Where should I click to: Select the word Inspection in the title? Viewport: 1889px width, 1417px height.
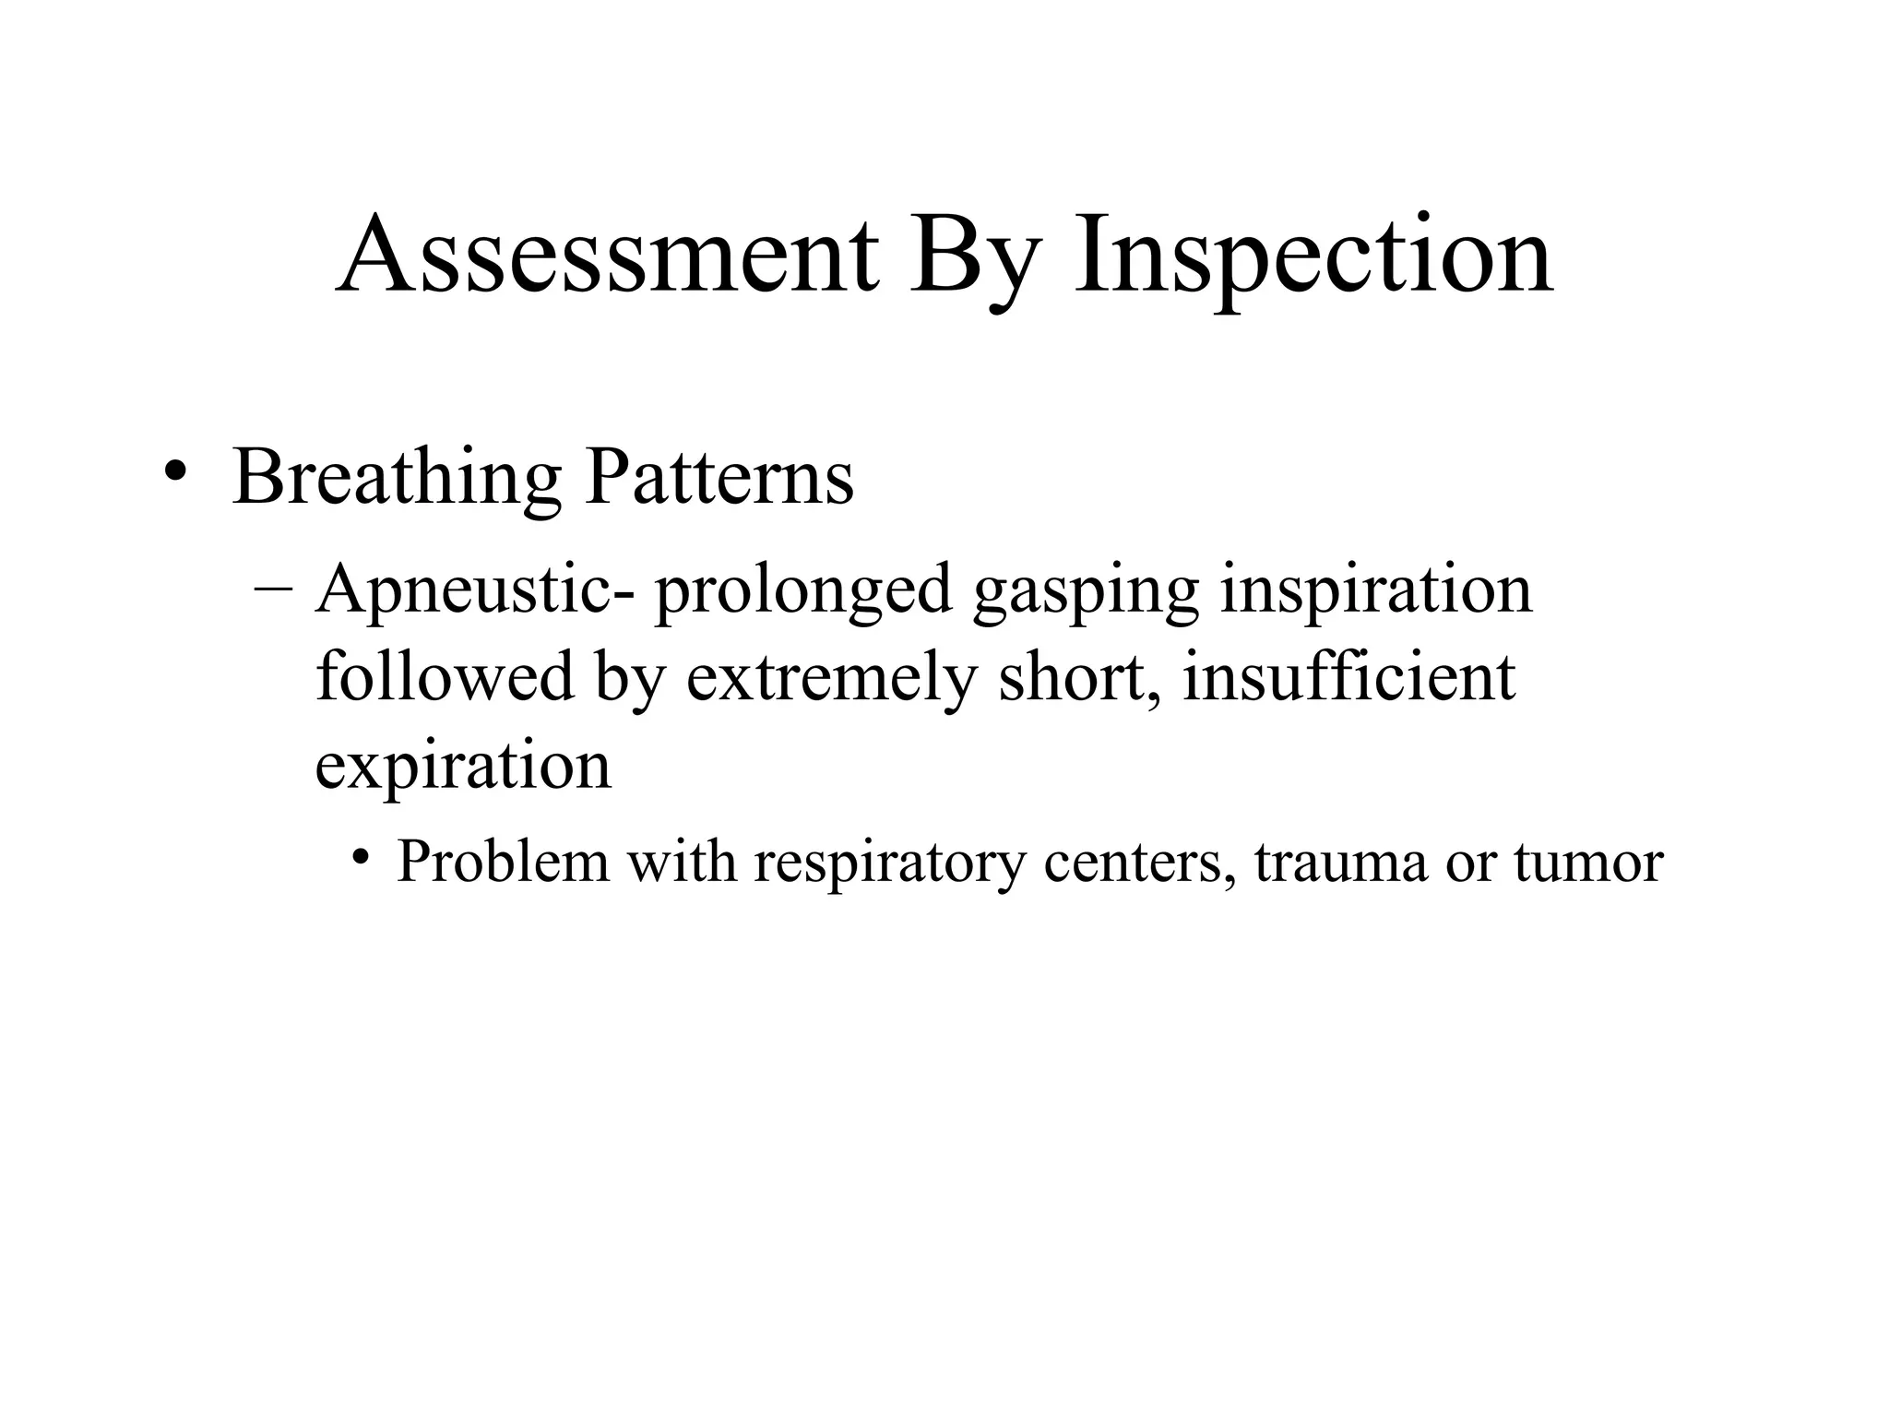[1313, 256]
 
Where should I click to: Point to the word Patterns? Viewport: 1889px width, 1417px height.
[719, 477]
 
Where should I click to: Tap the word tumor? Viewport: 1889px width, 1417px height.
[1588, 863]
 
